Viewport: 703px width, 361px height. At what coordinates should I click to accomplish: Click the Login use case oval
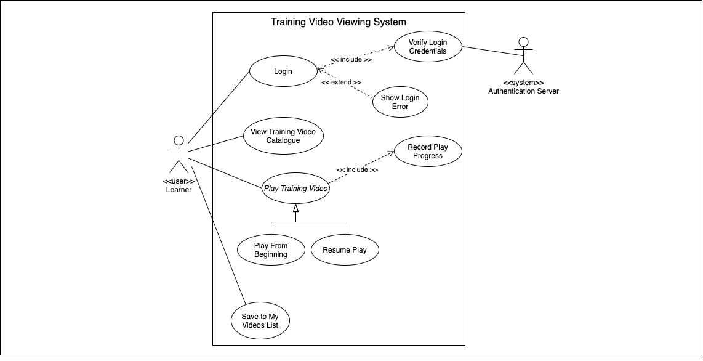tap(283, 71)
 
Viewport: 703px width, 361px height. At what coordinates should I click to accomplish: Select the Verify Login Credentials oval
tap(428, 47)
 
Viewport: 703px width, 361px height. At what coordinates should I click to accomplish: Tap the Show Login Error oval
tap(400, 102)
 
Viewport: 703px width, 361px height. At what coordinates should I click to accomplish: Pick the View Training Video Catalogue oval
tap(283, 136)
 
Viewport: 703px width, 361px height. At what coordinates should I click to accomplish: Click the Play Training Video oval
tap(295, 189)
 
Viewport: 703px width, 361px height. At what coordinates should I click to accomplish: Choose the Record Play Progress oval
tap(428, 152)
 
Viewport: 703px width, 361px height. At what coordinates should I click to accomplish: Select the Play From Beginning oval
tap(271, 250)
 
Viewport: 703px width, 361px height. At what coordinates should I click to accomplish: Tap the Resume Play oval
tap(345, 250)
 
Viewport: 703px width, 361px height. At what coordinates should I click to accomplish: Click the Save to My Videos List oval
tap(260, 321)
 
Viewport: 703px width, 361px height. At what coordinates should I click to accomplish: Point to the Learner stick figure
tap(179, 154)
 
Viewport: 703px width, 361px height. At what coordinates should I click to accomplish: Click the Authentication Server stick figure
tap(523, 56)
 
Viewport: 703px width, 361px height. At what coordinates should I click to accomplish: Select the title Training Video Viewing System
tap(339, 22)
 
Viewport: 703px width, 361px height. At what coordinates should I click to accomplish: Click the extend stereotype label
tap(341, 82)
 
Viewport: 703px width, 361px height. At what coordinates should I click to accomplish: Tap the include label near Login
tap(351, 60)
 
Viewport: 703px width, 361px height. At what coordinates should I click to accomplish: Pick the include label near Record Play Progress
tap(357, 169)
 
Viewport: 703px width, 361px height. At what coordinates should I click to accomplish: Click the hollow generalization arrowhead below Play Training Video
tap(295, 208)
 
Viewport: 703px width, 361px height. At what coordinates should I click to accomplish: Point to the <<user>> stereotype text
tap(179, 182)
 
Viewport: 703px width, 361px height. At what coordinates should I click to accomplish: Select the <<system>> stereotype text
tap(523, 83)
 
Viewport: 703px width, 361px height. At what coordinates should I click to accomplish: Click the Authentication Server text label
tap(523, 91)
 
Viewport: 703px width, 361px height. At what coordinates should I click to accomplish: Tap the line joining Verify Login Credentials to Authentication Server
tap(492, 51)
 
